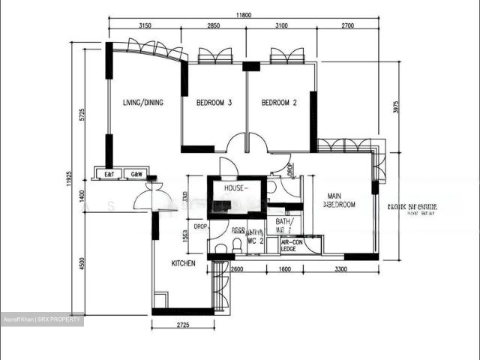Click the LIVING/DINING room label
[x=143, y=103]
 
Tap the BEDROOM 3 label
[x=214, y=103]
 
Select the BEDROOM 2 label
[x=279, y=103]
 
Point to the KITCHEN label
[x=184, y=263]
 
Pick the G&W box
[x=136, y=173]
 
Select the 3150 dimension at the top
[x=145, y=26]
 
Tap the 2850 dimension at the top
[x=213, y=26]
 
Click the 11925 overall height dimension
[x=69, y=179]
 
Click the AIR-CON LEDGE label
[x=292, y=246]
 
